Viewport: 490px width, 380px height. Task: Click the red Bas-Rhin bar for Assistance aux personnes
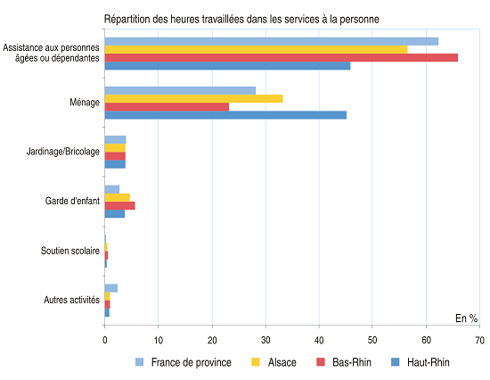point(282,58)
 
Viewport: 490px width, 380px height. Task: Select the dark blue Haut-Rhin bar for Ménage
point(225,115)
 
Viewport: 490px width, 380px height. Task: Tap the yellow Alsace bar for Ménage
point(193,99)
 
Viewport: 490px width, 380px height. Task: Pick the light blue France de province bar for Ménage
point(180,90)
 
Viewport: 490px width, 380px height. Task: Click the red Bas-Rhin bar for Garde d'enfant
point(120,206)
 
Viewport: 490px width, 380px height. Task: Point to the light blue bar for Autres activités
point(111,288)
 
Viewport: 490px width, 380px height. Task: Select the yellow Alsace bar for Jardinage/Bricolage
point(115,148)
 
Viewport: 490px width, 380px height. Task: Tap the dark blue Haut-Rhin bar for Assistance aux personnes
point(227,66)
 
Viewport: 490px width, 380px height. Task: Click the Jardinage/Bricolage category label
point(63,152)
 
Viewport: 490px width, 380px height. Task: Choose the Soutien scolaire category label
point(70,251)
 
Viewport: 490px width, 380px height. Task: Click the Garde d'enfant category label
point(72,201)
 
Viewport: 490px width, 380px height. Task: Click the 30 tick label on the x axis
point(265,340)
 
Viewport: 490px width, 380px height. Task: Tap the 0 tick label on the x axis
point(105,340)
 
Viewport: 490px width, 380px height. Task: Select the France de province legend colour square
point(139,362)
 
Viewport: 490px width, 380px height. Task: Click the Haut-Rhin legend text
point(429,362)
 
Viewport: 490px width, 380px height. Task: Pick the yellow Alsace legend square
point(256,362)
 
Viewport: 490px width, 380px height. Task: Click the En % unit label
point(466,318)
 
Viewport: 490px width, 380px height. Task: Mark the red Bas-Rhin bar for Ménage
point(167,107)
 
